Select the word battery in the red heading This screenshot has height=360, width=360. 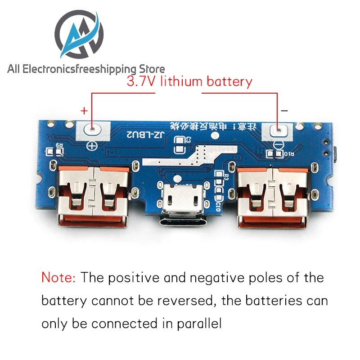[229, 82]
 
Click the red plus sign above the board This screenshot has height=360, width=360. [83, 110]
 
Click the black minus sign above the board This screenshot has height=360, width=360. [284, 110]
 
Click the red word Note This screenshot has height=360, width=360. [58, 277]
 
